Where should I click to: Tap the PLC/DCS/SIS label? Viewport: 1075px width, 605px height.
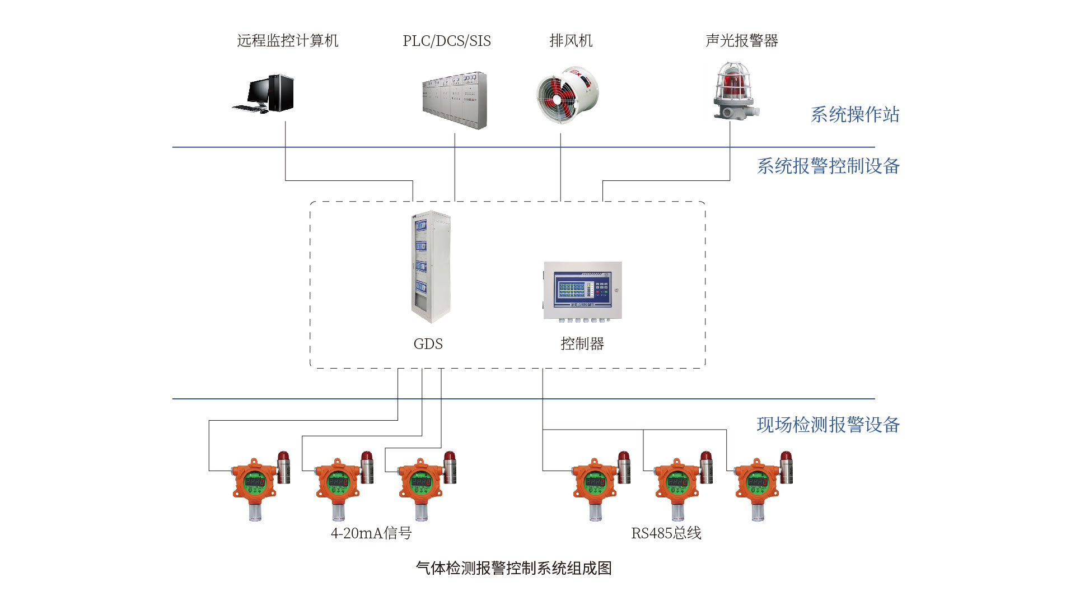446,41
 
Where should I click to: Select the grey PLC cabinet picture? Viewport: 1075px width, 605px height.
455,100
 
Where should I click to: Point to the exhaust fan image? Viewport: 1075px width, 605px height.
566,95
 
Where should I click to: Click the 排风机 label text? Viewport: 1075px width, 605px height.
571,41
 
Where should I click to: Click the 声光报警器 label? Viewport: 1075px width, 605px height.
741,41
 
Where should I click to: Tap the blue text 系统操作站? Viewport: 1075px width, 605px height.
854,115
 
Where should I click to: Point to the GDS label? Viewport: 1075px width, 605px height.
428,344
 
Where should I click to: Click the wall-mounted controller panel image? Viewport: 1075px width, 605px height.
582,291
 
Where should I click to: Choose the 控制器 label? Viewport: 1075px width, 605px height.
582,344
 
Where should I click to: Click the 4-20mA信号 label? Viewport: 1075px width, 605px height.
371,533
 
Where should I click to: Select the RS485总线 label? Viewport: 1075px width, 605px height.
666,533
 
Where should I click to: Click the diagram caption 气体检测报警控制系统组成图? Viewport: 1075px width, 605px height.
513,569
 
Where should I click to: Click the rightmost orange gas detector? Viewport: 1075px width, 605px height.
759,485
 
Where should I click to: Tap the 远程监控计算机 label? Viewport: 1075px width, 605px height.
287,41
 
